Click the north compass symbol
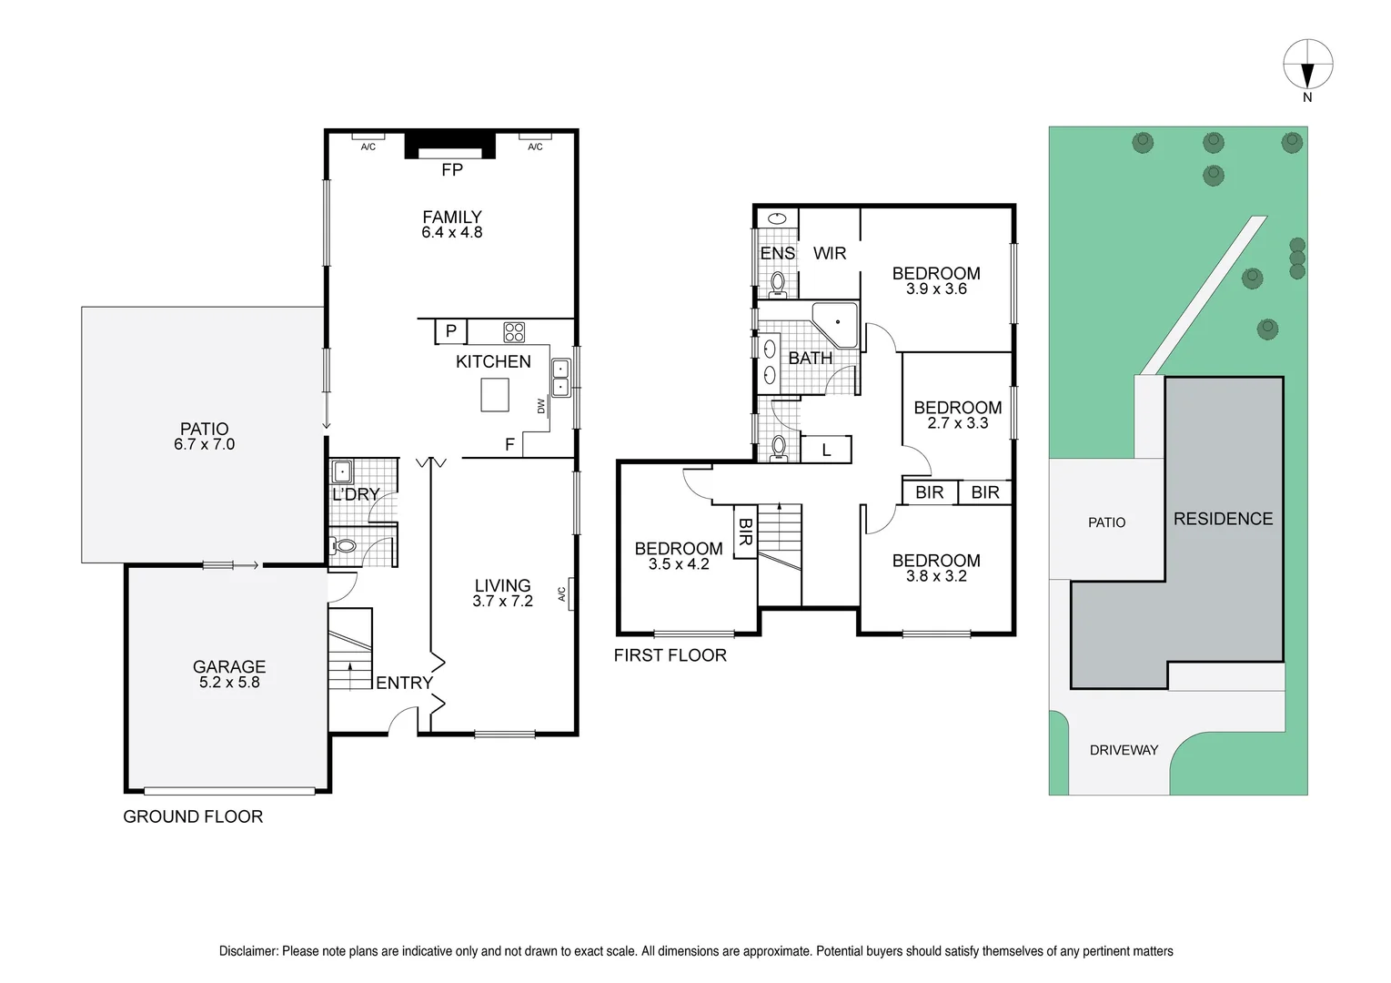click(1307, 66)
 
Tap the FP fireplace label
click(452, 170)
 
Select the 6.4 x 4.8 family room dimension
click(452, 233)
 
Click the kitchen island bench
click(495, 395)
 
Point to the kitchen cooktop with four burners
click(514, 331)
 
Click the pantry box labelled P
click(450, 331)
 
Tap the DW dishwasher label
click(541, 406)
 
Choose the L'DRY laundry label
click(356, 495)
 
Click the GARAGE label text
click(229, 667)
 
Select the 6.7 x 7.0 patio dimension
click(205, 445)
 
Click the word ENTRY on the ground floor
click(404, 683)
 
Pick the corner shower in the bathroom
click(836, 324)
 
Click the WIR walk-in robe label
click(830, 254)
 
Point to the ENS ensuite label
click(778, 254)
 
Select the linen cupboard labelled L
click(826, 450)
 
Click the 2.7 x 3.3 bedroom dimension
click(958, 423)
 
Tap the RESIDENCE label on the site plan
click(1223, 519)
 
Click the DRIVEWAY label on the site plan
click(1124, 750)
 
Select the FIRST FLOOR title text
click(670, 655)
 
